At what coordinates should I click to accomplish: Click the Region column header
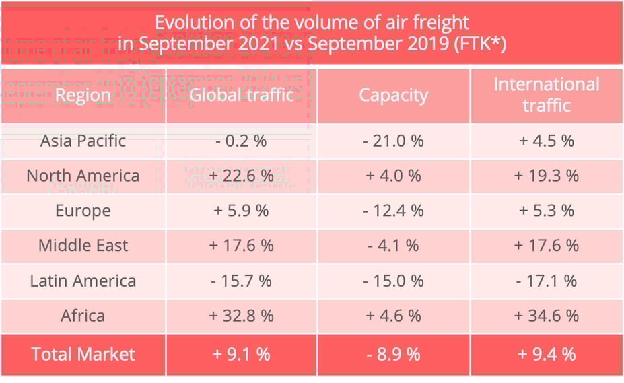[x=83, y=95]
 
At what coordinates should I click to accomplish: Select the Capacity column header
[x=393, y=95]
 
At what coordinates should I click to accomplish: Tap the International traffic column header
[x=547, y=95]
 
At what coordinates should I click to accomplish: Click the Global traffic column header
[x=241, y=95]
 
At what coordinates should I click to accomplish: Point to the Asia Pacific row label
[x=83, y=141]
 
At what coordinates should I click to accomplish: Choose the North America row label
[x=83, y=176]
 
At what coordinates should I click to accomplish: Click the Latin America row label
[x=83, y=281]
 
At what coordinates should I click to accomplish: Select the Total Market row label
[x=83, y=354]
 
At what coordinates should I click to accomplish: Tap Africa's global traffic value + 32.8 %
[x=241, y=316]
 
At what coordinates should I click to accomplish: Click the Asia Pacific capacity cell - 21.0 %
[x=394, y=141]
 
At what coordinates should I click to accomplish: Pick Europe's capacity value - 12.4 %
[x=394, y=211]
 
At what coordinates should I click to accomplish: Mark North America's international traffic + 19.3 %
[x=547, y=176]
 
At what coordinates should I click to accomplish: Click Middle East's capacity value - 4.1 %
[x=394, y=246]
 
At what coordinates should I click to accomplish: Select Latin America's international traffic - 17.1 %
[x=547, y=281]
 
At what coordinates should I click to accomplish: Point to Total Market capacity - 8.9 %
[x=394, y=354]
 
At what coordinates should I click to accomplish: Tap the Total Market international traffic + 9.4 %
[x=547, y=354]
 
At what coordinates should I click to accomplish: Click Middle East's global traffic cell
[x=241, y=246]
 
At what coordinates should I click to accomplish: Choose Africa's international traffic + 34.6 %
[x=547, y=316]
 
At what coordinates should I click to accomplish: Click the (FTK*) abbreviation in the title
[x=477, y=44]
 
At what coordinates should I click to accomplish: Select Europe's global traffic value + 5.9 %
[x=241, y=211]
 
